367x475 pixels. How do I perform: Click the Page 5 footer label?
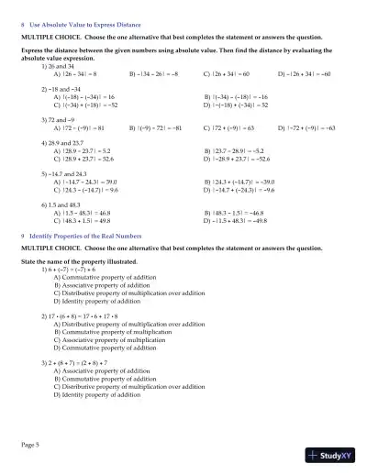[31, 445]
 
